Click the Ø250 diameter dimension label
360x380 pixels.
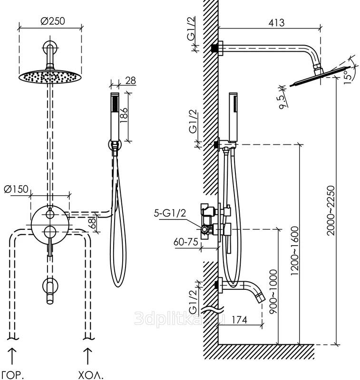pos(53,21)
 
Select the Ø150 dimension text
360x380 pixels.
pos(16,189)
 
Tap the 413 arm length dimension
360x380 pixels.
pos(276,22)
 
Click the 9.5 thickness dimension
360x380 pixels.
pos(283,102)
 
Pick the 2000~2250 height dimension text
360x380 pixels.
pos(331,210)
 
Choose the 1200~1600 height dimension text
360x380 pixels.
pos(294,250)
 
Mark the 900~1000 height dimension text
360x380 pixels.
pos(273,292)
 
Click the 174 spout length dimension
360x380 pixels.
pos(239,320)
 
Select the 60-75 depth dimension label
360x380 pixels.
pos(186,242)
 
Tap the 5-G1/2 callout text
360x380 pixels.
pos(170,213)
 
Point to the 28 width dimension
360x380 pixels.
pos(131,81)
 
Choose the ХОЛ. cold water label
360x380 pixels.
pos(90,375)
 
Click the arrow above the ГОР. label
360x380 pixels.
pos(12,356)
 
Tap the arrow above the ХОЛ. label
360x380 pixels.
pos(88,356)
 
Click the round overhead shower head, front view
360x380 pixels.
pos(50,76)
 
